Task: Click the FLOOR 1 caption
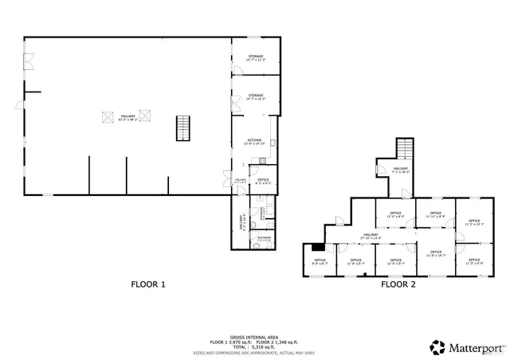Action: click(148, 284)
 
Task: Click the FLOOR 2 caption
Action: click(398, 284)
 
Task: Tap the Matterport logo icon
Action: click(437, 347)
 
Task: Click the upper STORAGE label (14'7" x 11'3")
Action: click(255, 57)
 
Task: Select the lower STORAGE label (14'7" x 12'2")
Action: click(255, 96)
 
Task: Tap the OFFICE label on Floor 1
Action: click(263, 182)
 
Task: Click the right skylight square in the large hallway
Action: click(145, 118)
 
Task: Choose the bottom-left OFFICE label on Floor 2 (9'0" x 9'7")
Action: click(320, 261)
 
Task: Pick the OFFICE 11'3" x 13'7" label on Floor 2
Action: click(473, 222)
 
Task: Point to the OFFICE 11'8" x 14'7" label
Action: click(435, 254)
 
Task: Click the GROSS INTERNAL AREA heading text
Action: click(253, 337)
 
